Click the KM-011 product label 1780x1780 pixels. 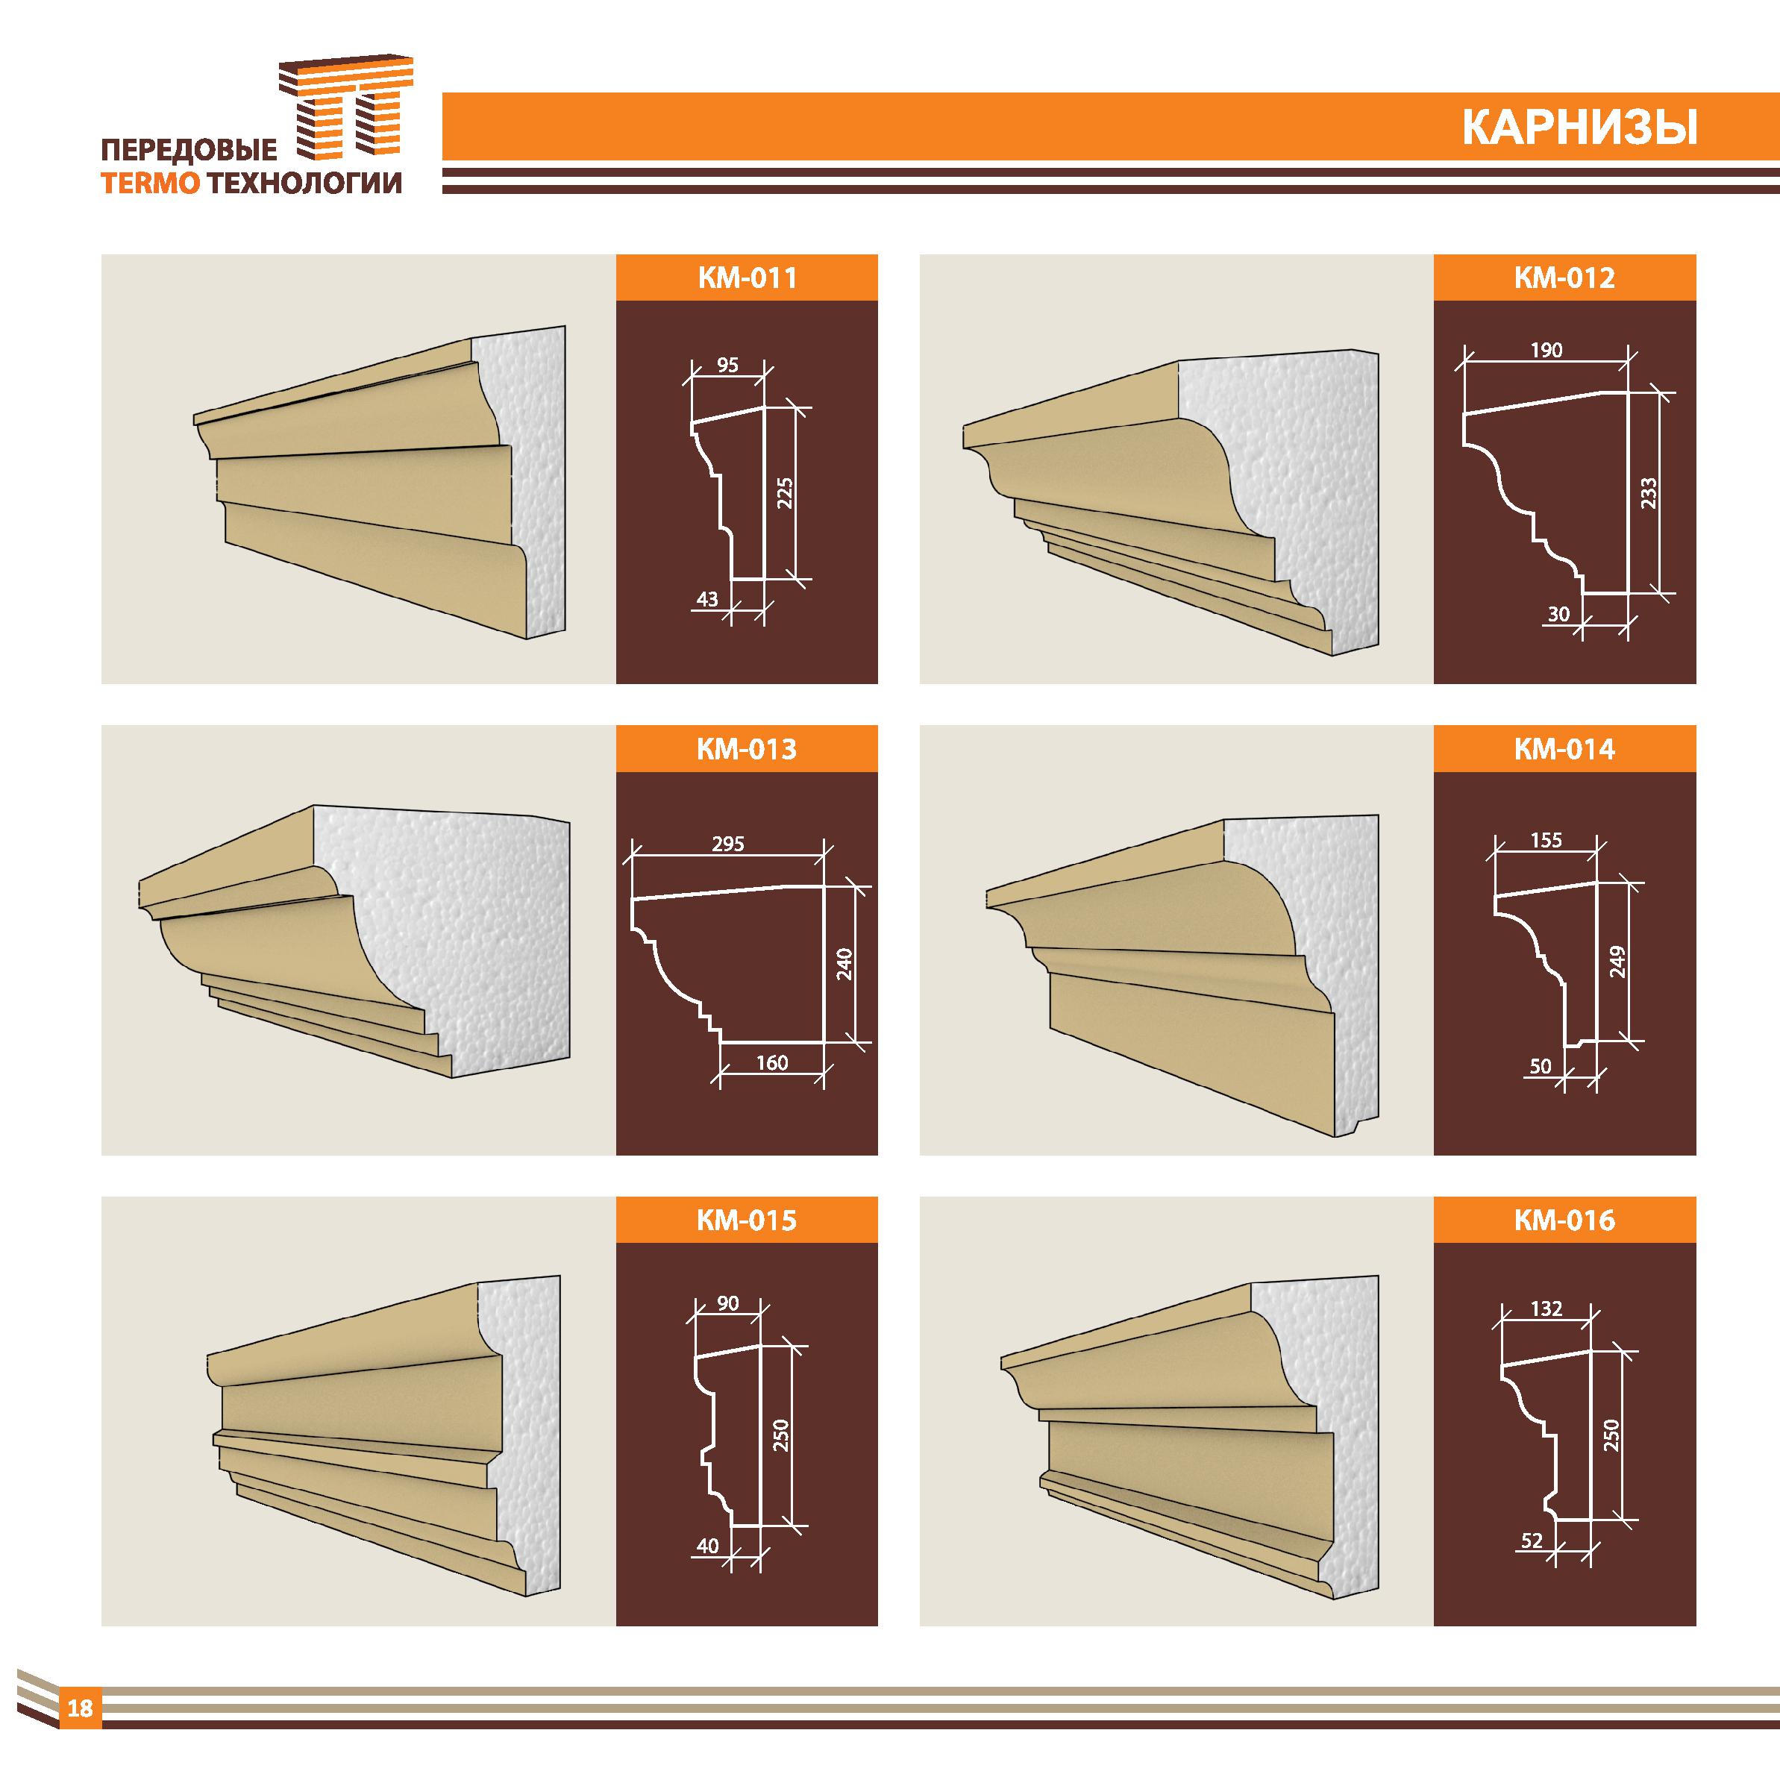746,278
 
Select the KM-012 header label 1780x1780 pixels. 1564,278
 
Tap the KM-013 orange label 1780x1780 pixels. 746,749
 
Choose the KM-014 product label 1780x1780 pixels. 1564,749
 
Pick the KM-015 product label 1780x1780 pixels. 746,1220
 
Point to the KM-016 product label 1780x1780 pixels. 1564,1220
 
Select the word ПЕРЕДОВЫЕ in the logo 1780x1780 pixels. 188,149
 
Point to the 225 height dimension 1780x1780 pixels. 785,494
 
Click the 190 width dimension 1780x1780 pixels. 1546,350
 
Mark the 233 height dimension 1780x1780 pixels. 1649,493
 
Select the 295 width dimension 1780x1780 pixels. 728,844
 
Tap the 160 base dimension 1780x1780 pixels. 771,1063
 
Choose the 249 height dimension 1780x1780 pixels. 1618,963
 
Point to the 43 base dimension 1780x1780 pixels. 706,599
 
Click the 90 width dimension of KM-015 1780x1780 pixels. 728,1304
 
